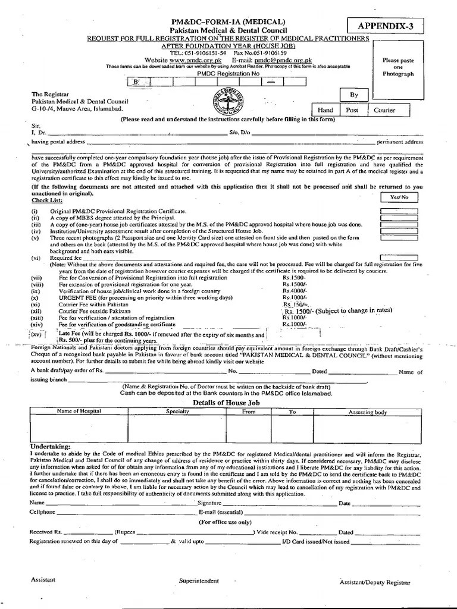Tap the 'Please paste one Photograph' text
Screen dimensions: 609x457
click(x=398, y=67)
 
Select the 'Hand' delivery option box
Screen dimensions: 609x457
click(x=325, y=110)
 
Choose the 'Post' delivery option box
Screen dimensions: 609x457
click(x=352, y=110)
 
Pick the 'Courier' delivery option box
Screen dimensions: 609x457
click(x=384, y=110)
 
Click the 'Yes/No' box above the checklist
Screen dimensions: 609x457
click(x=399, y=197)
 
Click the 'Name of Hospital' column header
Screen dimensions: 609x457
click(x=79, y=411)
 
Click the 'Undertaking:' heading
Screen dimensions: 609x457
click(x=50, y=446)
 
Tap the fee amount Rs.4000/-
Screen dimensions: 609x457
click(x=295, y=290)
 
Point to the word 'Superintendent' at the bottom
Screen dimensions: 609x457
click(x=199, y=580)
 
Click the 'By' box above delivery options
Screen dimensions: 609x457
click(x=354, y=95)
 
